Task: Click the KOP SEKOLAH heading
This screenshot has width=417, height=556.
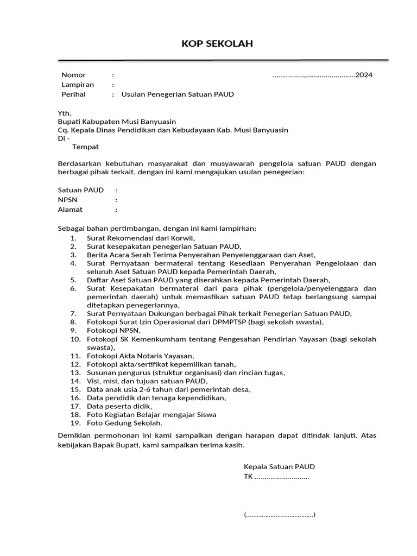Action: pyautogui.click(x=217, y=44)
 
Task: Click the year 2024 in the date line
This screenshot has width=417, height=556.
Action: pyautogui.click(x=364, y=75)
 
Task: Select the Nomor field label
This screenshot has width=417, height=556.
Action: pyautogui.click(x=73, y=75)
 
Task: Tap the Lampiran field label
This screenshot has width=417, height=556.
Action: pyautogui.click(x=78, y=85)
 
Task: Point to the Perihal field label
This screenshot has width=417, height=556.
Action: pyautogui.click(x=73, y=94)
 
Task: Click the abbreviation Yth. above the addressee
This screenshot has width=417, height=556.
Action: pyautogui.click(x=65, y=113)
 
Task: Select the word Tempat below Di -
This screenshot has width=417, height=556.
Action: pyautogui.click(x=86, y=147)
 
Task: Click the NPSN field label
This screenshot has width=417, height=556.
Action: pyautogui.click(x=68, y=200)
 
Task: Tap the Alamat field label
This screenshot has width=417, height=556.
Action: pyautogui.click(x=70, y=210)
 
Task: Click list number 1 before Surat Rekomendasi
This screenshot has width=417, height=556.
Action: pyautogui.click(x=73, y=238)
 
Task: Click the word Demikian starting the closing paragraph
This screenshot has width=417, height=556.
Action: pyautogui.click(x=75, y=435)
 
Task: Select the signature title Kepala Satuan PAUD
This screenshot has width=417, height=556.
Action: pyautogui.click(x=279, y=467)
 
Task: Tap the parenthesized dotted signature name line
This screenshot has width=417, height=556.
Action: pyautogui.click(x=280, y=515)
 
